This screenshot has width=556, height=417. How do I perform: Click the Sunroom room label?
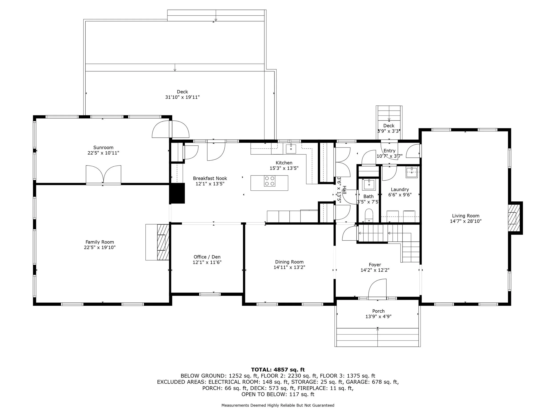tap(103, 147)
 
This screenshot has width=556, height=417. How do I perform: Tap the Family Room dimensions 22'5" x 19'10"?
tap(100, 248)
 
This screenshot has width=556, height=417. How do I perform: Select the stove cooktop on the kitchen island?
tap(270, 181)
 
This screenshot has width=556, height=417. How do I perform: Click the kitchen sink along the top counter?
tap(291, 149)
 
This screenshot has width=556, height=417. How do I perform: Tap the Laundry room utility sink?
tap(411, 173)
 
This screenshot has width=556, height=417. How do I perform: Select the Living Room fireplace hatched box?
tap(514, 218)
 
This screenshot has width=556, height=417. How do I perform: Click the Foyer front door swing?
tap(377, 289)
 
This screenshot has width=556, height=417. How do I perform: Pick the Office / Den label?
tap(207, 257)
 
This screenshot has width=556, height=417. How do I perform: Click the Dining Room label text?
tap(289, 262)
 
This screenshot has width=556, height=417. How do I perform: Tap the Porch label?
tap(379, 311)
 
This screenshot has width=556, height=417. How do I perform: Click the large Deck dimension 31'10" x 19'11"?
tap(183, 97)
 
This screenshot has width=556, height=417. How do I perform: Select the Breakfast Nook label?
tap(210, 178)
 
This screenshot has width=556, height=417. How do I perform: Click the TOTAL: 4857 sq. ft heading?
tap(278, 370)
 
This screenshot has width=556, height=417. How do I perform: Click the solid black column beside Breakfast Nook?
tap(177, 193)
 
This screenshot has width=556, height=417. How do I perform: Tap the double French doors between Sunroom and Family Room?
tap(103, 175)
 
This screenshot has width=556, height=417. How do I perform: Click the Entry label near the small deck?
tap(389, 151)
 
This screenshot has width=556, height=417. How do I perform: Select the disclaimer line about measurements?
tap(278, 405)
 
